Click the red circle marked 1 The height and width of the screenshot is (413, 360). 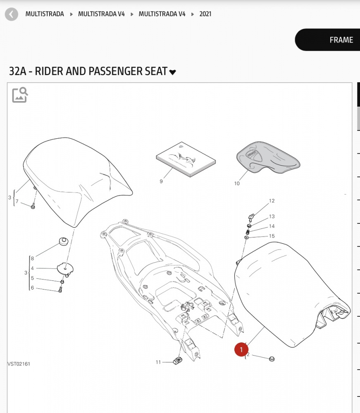[x=241, y=349]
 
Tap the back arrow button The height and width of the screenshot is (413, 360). [x=11, y=14]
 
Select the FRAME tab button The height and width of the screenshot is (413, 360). [x=328, y=40]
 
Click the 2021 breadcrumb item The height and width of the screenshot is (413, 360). [x=205, y=14]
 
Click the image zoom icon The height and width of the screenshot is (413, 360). [x=20, y=95]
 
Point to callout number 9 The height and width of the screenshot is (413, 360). [x=161, y=181]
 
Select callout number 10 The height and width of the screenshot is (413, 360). [x=237, y=183]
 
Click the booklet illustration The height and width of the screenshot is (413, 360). [x=186, y=159]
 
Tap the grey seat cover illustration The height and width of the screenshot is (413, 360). [x=268, y=157]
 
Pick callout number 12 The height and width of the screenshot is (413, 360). [x=272, y=201]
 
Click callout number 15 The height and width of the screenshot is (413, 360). [x=272, y=236]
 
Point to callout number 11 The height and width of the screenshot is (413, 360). [x=158, y=362]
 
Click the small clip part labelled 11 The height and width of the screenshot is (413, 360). [x=178, y=360]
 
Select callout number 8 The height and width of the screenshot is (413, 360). [x=32, y=259]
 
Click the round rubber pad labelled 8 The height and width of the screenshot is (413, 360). [x=63, y=241]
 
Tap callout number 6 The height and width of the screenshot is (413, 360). [x=32, y=287]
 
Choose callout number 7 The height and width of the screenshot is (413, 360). [x=17, y=201]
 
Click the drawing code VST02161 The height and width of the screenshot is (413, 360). [x=19, y=364]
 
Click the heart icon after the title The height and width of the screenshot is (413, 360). [x=172, y=72]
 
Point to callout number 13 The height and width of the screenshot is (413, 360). [x=272, y=216]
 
